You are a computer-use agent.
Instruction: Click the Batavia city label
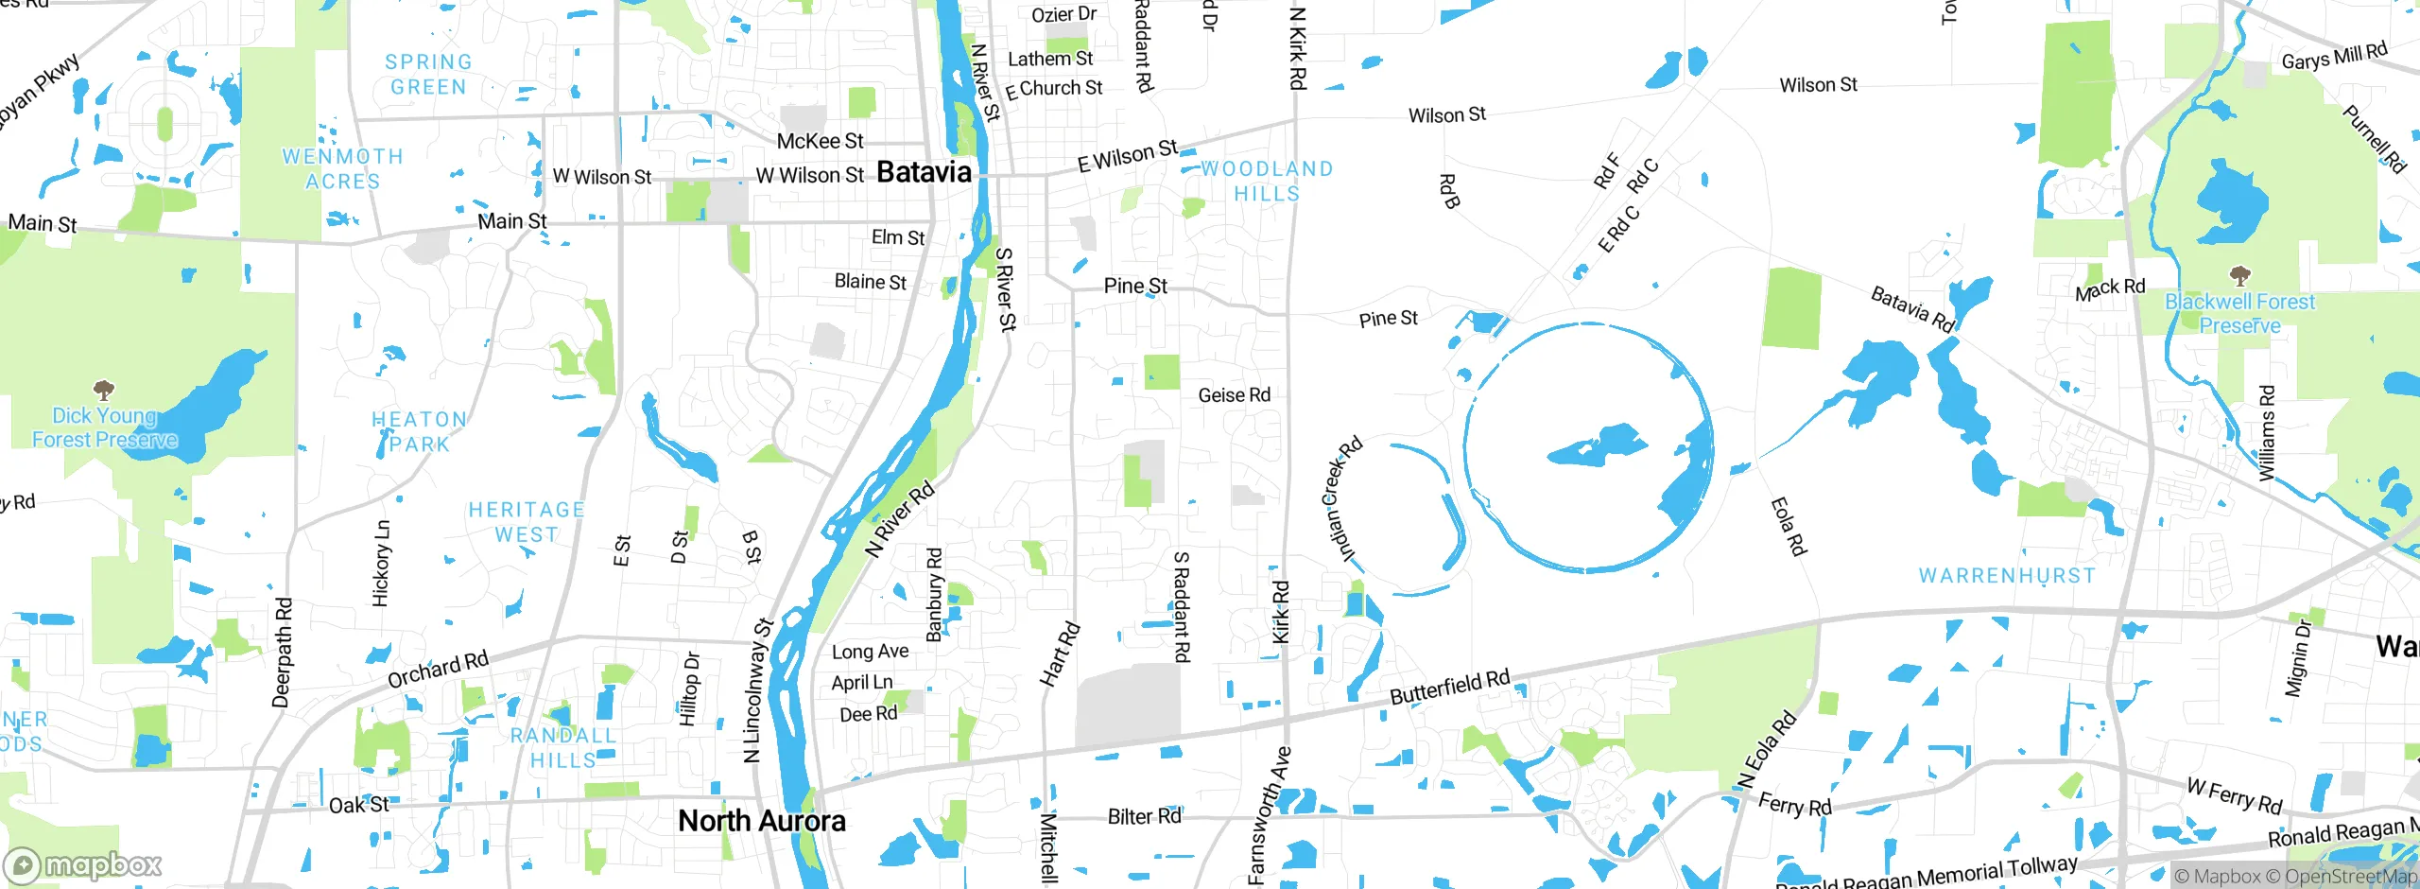[924, 172]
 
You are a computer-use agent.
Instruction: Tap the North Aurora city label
[762, 821]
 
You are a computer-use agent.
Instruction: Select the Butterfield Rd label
[1449, 687]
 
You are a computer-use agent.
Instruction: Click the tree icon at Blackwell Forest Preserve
[2239, 276]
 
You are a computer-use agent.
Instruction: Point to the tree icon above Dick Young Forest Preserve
[104, 390]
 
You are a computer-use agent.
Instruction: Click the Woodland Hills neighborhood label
[1267, 181]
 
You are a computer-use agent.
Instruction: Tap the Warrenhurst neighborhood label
[2007, 576]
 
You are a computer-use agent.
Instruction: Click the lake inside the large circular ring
[1598, 445]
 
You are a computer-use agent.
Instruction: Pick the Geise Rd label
[1234, 395]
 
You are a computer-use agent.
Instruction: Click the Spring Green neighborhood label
[428, 75]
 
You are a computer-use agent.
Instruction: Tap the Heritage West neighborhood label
[527, 522]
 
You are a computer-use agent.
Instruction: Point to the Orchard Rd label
[438, 670]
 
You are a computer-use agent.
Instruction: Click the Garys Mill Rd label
[2333, 57]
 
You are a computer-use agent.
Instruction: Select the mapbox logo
[83, 865]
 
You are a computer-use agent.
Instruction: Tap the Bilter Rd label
[1144, 816]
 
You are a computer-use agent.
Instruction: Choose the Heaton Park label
[419, 431]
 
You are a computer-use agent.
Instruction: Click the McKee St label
[820, 142]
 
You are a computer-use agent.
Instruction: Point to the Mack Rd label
[2110, 288]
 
